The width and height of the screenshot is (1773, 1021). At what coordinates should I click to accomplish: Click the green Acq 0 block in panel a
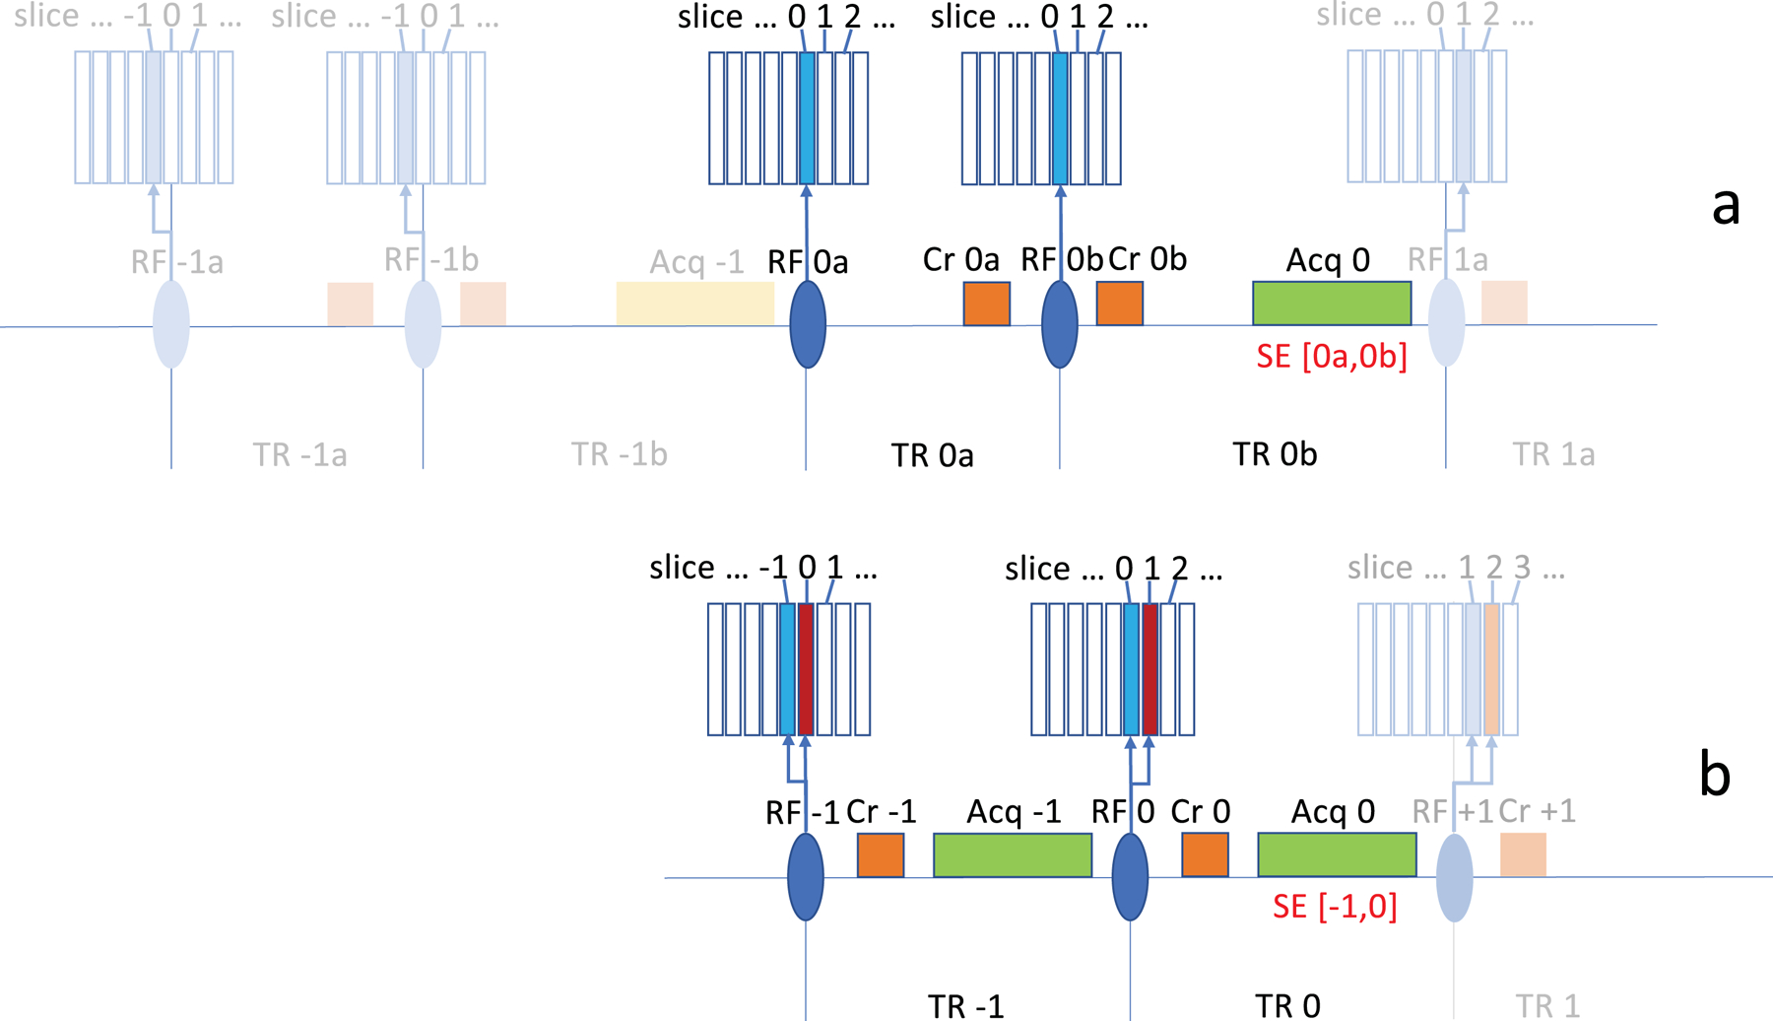[x=1331, y=303]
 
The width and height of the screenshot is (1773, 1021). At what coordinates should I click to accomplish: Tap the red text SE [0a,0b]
[x=1331, y=356]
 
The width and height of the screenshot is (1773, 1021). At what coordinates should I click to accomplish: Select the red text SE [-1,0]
[x=1335, y=906]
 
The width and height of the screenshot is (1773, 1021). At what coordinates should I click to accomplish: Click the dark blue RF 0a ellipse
[x=808, y=324]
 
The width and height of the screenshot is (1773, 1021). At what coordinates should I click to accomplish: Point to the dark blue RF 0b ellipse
[x=1060, y=324]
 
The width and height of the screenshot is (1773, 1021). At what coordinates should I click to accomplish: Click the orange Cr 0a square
[x=986, y=304]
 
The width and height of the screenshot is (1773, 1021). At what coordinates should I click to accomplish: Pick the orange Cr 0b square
[x=1120, y=303]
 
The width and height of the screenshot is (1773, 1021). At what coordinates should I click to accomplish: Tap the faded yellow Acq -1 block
[x=694, y=303]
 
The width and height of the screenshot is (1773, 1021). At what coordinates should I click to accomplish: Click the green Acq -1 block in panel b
[x=1012, y=854]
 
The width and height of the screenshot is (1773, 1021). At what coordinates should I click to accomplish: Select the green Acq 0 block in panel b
[x=1337, y=854]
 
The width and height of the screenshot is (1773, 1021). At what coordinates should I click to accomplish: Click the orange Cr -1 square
[x=881, y=854]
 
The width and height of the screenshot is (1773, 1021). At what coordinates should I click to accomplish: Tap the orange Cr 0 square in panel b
[x=1205, y=854]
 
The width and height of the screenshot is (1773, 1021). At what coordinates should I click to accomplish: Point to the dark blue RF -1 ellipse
[x=806, y=876]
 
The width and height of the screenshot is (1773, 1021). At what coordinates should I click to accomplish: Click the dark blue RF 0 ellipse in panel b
[x=1130, y=876]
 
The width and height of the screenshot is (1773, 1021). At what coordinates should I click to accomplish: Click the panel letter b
[x=1715, y=774]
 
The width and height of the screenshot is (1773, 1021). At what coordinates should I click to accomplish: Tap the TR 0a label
[x=932, y=455]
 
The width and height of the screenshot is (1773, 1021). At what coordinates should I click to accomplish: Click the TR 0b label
[x=1275, y=454]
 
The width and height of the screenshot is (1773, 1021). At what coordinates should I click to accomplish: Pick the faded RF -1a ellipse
[x=171, y=324]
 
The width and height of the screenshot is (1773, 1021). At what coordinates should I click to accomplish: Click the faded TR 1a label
[x=1553, y=454]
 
